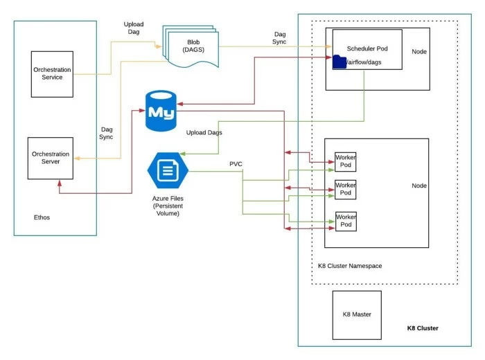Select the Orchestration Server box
[51, 157]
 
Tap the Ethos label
[41, 217]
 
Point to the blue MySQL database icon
[161, 110]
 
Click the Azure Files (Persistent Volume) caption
[167, 206]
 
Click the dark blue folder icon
[339, 62]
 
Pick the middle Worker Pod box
[345, 189]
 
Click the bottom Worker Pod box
[345, 221]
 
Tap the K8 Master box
[357, 314]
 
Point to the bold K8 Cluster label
[423, 328]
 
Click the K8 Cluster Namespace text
[350, 266]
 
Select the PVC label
[236, 164]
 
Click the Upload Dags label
[204, 132]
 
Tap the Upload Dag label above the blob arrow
[134, 28]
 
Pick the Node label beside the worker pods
[419, 186]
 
